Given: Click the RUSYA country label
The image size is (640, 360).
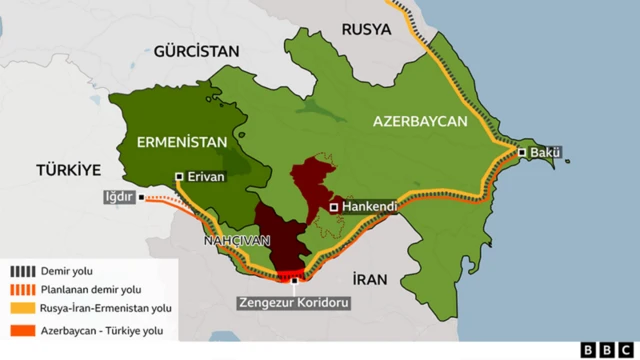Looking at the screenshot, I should [x=366, y=29].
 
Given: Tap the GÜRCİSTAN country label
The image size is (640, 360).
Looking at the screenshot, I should [x=198, y=51].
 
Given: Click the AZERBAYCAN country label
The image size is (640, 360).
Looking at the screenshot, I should [x=420, y=121].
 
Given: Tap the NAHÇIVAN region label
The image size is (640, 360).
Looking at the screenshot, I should [x=237, y=241].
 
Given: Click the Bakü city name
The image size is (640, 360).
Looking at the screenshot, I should [x=545, y=153].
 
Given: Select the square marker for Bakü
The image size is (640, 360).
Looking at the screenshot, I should [x=522, y=153].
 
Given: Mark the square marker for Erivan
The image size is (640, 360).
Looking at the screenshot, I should [x=180, y=177].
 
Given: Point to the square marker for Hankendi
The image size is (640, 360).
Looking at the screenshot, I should [x=334, y=207].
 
